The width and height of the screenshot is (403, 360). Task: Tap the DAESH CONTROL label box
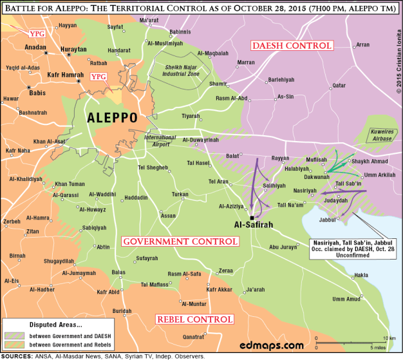(292, 46)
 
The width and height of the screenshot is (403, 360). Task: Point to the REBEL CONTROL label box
(194, 319)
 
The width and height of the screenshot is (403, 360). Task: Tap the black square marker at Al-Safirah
(251, 217)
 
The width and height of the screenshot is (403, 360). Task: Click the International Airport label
(160, 140)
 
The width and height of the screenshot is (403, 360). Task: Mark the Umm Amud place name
(346, 299)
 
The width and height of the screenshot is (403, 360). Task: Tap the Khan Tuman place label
(70, 184)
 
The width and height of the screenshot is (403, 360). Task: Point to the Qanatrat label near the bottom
(194, 337)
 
